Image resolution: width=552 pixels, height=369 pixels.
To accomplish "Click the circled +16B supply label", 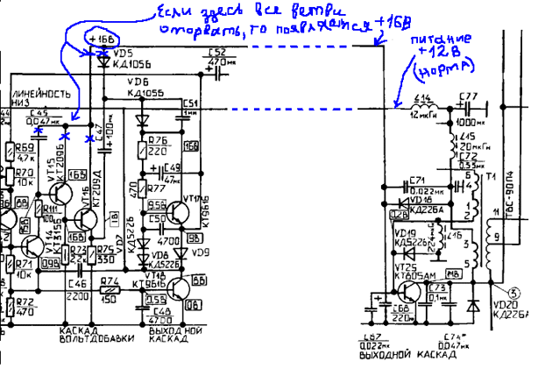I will [98, 39].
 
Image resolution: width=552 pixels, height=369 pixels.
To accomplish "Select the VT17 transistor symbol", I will [181, 211].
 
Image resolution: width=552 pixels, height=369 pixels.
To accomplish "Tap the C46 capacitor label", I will [75, 284].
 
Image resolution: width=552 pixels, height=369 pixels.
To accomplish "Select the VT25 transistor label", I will [406, 266].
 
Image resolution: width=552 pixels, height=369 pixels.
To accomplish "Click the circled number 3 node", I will [515, 293].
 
